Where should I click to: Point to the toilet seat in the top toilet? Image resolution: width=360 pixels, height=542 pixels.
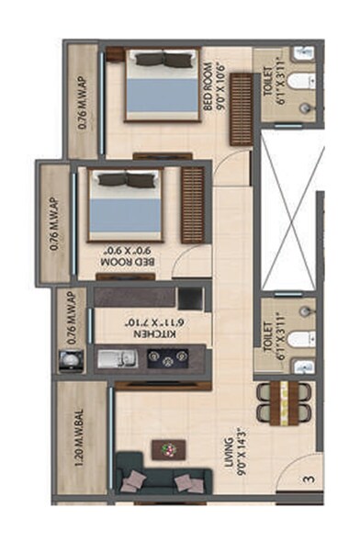[298, 82]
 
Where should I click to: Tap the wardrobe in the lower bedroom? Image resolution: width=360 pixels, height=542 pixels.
[193, 193]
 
